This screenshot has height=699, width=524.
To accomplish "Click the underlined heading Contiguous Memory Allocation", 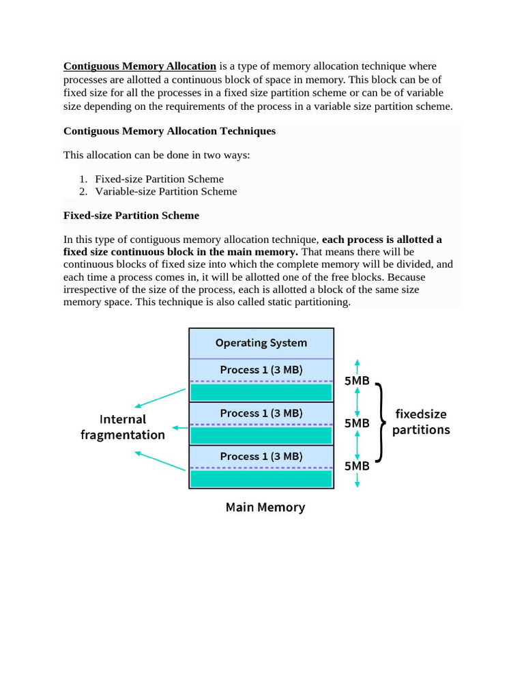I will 140,66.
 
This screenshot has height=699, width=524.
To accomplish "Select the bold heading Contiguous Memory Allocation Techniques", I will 169,131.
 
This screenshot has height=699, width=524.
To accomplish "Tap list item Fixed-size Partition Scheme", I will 159,179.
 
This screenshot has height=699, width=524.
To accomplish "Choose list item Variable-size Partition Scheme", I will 166,191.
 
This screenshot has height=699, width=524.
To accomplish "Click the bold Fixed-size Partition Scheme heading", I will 131,216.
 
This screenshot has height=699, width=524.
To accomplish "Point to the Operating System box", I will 261,343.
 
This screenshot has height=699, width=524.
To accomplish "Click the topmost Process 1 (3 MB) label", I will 261,370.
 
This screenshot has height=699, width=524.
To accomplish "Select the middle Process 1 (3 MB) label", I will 261,413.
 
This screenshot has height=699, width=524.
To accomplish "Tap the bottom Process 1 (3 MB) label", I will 261,456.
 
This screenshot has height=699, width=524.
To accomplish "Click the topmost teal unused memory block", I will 261,393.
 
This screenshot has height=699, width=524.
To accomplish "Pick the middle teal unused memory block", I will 261,436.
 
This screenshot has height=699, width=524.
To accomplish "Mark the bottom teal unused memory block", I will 261,479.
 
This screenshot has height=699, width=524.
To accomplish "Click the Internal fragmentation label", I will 123,427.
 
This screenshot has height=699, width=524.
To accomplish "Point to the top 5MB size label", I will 357,381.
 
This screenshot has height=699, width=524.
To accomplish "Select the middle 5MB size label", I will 357,423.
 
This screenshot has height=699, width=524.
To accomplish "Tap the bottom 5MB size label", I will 357,466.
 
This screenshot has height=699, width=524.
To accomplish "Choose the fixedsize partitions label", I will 421,422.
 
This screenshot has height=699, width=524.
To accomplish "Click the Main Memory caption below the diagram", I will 265,508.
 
